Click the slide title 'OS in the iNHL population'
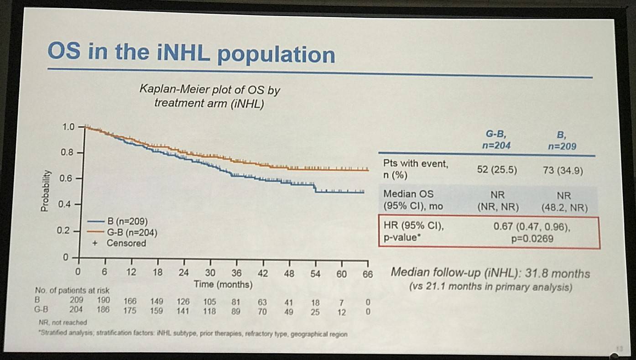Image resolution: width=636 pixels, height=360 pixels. (191, 54)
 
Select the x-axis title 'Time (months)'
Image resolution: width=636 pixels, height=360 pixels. (223, 285)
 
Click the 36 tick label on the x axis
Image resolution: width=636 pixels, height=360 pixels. (236, 274)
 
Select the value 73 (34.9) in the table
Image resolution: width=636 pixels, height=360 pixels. (564, 170)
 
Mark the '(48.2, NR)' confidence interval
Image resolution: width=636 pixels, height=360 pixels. (564, 207)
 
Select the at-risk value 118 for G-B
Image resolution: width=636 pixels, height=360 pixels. (210, 313)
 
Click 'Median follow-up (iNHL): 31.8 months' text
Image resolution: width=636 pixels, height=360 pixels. (490, 274)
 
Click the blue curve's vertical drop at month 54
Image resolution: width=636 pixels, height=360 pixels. (315, 188)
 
